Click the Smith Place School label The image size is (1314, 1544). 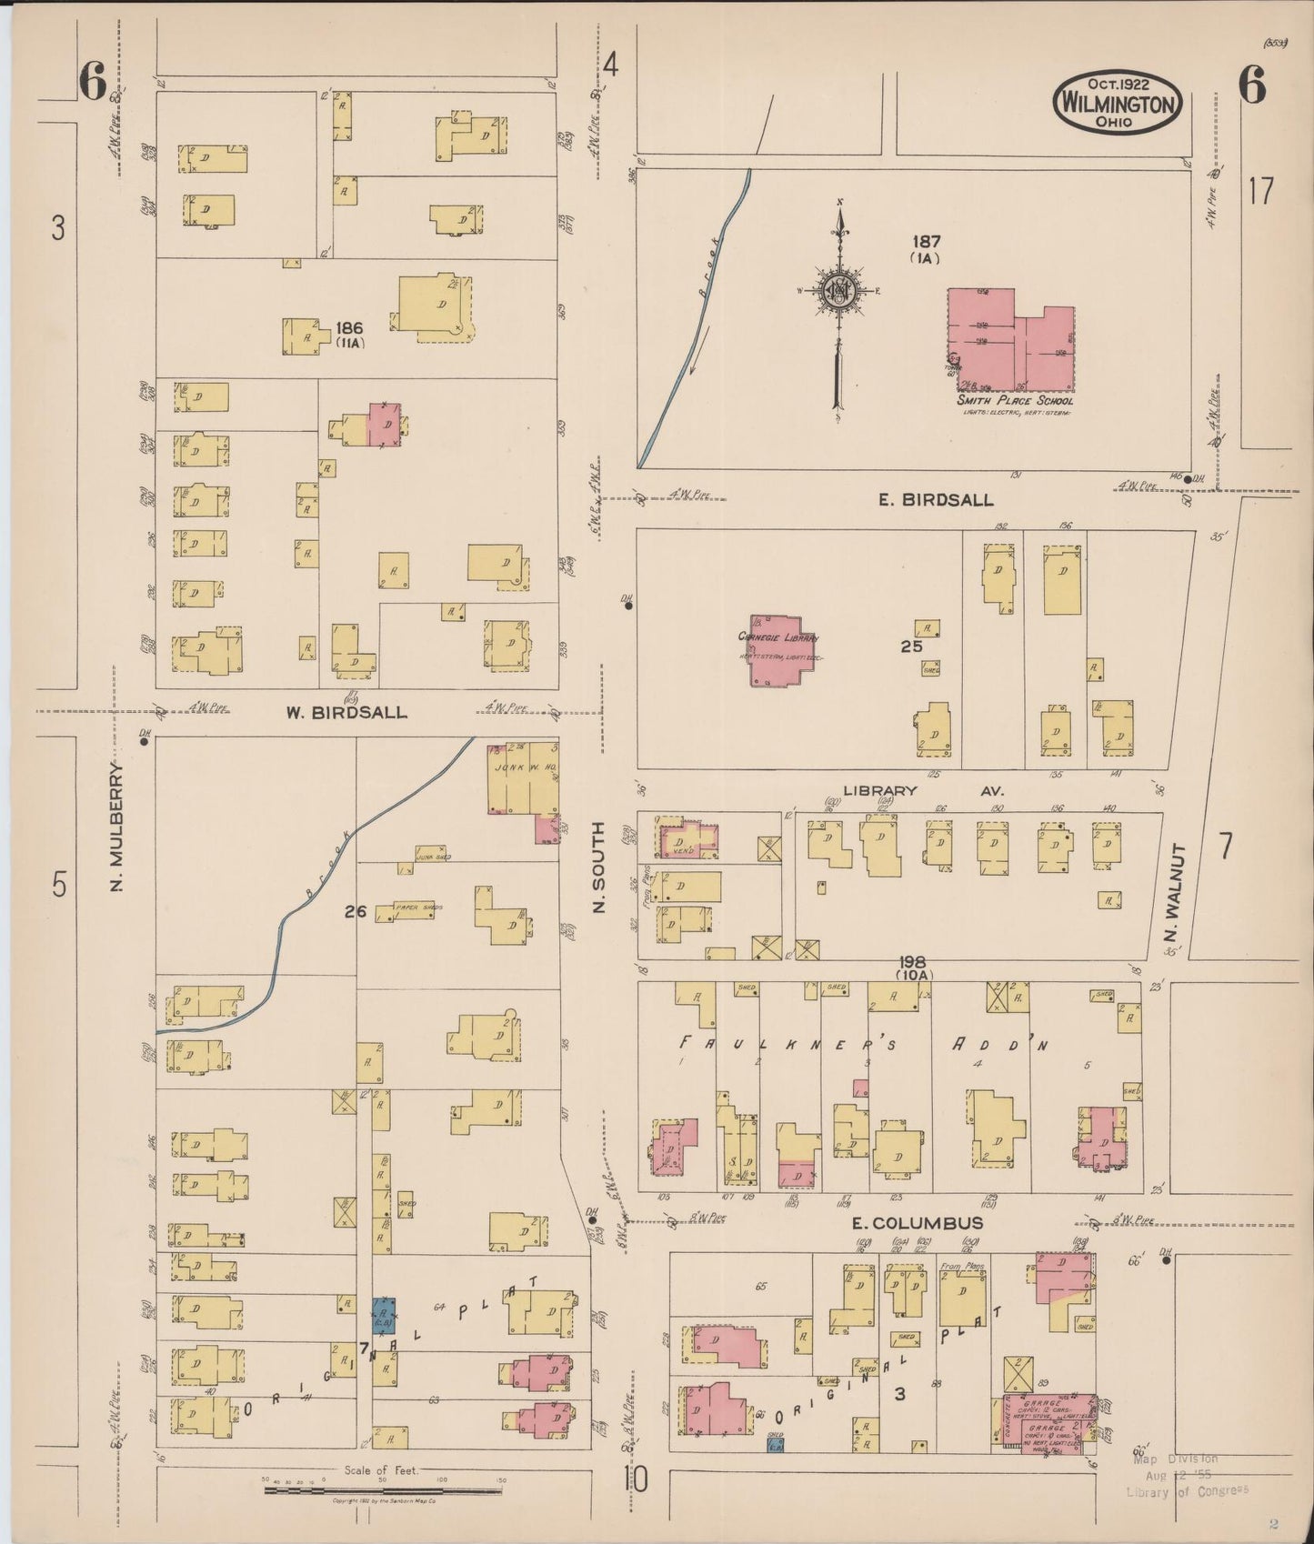click(x=1014, y=401)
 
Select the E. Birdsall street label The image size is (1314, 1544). click(x=935, y=500)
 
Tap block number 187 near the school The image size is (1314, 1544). click(x=928, y=242)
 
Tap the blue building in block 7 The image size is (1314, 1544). click(x=382, y=1315)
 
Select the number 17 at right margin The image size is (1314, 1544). click(x=1260, y=192)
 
